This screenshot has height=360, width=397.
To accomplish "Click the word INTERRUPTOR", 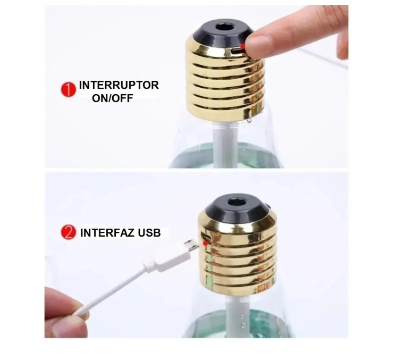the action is pyautogui.click(x=119, y=85).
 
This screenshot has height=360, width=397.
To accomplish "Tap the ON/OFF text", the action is pyautogui.click(x=113, y=98).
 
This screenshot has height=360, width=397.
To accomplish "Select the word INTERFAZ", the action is pyautogui.click(x=107, y=233).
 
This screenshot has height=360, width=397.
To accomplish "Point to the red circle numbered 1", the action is pyautogui.click(x=69, y=89).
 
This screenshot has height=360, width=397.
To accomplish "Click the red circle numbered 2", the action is pyautogui.click(x=69, y=232).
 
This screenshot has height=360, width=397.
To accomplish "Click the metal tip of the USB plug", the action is pyautogui.click(x=191, y=244).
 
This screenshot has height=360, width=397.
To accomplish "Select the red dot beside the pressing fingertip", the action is pyautogui.click(x=243, y=47).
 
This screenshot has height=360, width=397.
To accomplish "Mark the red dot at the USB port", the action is pyautogui.click(x=205, y=243).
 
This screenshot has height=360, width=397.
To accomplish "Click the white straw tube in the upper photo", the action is pyautogui.click(x=225, y=145).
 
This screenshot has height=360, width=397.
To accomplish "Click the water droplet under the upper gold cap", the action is pyautogui.click(x=249, y=121).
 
